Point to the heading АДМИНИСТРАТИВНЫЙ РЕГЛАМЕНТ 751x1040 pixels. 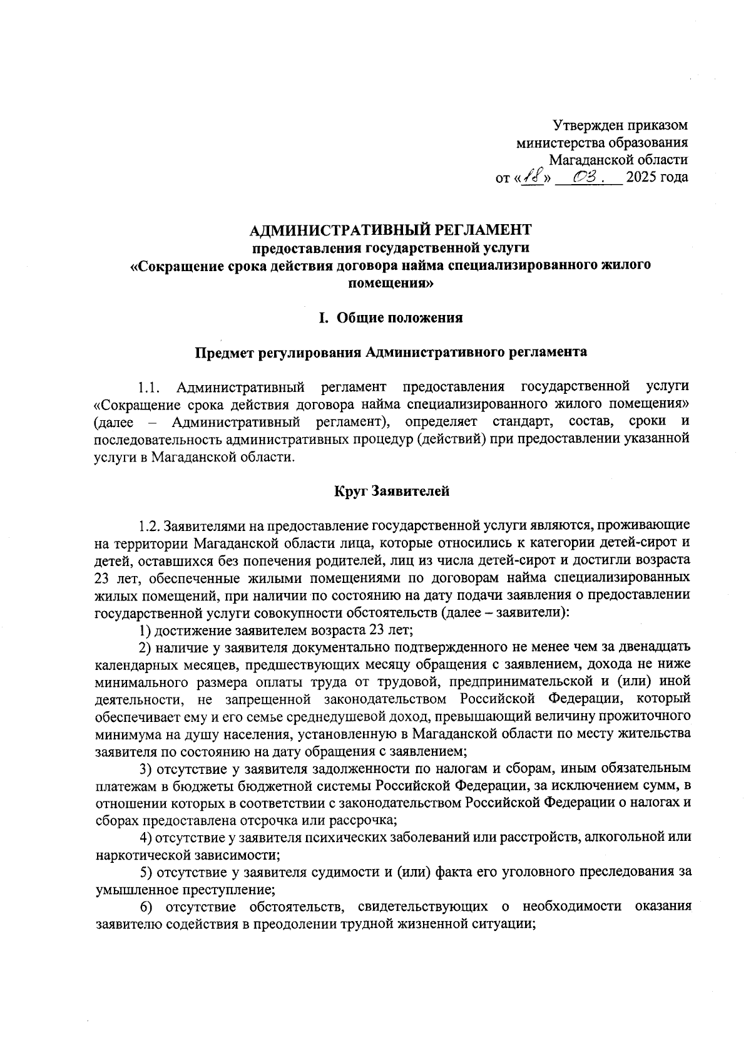click(391, 231)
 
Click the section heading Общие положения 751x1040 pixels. click(400, 318)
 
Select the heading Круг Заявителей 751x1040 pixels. click(391, 491)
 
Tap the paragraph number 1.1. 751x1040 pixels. click(151, 386)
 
